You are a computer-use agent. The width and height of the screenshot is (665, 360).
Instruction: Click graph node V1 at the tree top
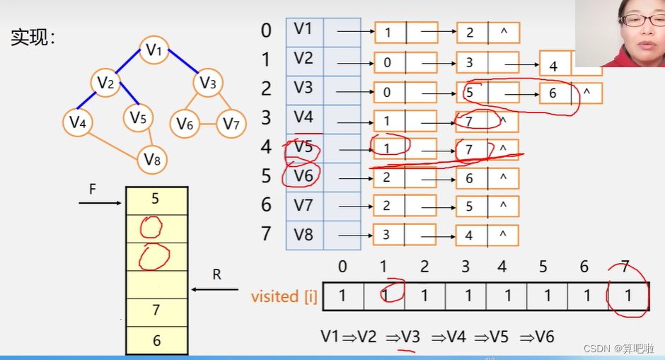154,50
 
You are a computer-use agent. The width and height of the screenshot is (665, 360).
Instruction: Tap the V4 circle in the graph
78,123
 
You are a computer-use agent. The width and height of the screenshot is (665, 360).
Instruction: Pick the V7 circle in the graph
231,124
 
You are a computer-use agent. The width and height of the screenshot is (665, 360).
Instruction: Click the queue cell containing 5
156,199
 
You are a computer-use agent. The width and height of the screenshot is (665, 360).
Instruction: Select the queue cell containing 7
156,310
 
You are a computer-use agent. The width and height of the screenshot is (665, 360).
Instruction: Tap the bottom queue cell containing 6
156,340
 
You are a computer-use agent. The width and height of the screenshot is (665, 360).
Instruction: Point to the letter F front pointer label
92,190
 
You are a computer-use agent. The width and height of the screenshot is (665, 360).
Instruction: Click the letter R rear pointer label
216,274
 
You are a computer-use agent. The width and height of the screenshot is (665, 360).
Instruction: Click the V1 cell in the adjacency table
303,30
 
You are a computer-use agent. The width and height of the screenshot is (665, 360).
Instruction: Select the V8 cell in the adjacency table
303,234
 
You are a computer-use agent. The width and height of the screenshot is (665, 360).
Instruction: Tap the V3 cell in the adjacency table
303,88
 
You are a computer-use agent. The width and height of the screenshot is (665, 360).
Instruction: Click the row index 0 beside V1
266,30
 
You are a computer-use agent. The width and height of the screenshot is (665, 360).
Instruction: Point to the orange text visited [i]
284,296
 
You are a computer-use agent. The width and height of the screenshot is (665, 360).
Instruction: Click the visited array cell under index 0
342,296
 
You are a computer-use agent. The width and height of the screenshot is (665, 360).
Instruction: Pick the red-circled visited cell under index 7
628,296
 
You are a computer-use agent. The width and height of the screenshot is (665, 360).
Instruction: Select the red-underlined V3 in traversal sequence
410,337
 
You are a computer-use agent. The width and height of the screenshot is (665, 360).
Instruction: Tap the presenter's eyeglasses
640,20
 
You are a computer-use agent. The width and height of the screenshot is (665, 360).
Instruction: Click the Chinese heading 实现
33,38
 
